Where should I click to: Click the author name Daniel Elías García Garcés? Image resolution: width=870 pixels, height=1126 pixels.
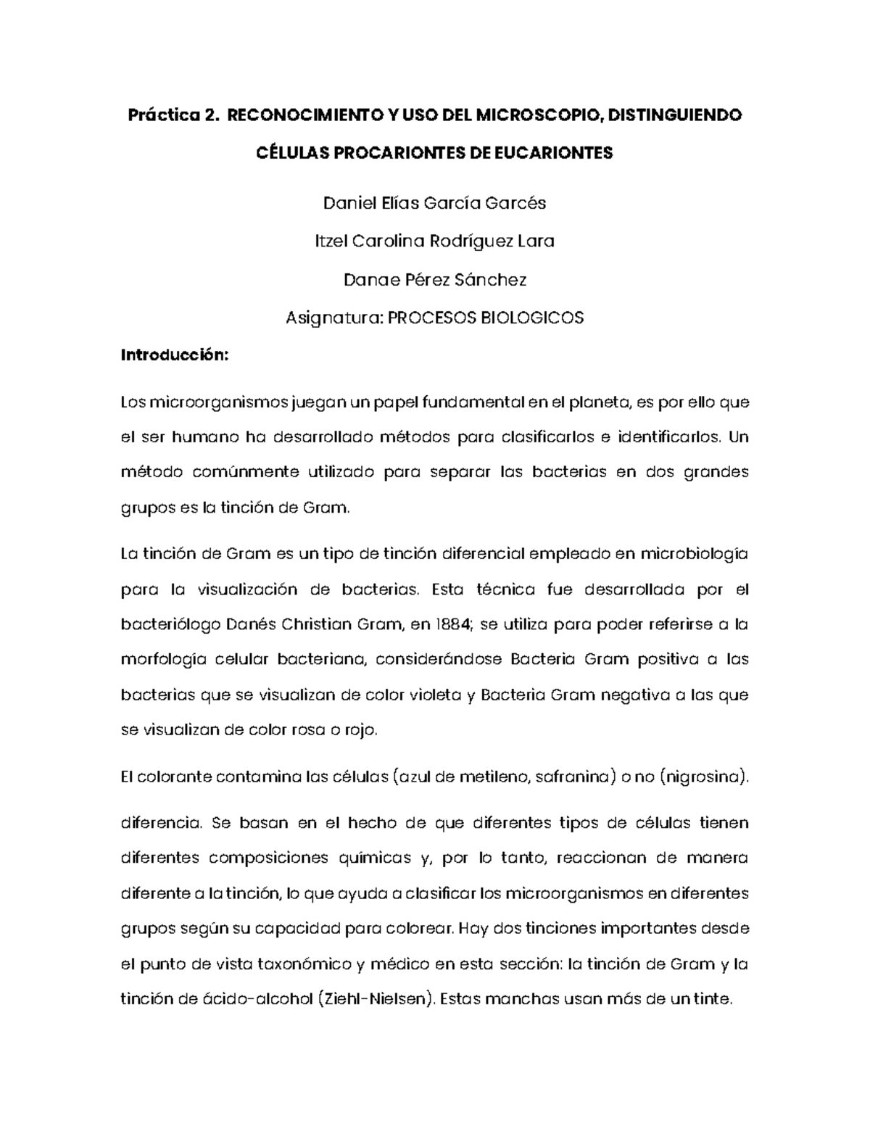434,203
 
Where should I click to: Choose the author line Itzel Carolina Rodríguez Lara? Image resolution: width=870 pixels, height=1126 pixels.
434,241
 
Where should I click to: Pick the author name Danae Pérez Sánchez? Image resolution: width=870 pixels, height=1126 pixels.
434,280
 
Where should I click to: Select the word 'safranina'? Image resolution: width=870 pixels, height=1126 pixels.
571,778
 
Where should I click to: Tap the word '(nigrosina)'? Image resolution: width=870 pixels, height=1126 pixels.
705,778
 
